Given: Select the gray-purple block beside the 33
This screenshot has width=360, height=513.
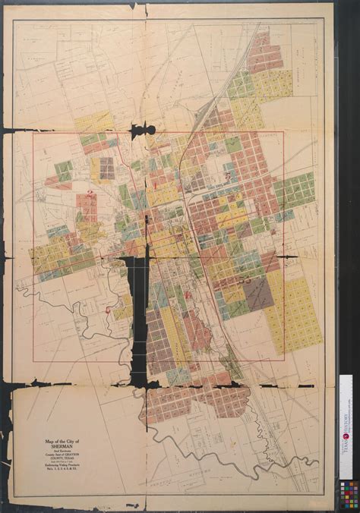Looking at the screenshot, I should [x=259, y=292].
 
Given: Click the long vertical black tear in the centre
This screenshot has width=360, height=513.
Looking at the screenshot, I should [x=137, y=319].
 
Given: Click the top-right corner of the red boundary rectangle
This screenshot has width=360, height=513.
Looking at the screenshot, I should [x=283, y=131].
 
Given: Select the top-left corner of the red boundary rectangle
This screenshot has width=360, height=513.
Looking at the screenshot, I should [x=33, y=134].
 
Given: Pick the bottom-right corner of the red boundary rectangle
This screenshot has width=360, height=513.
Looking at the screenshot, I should [x=283, y=357].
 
